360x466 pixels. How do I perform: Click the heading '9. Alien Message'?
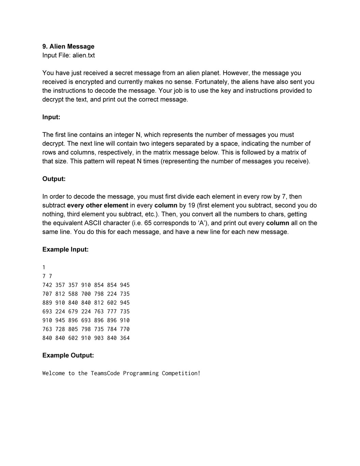click(68, 46)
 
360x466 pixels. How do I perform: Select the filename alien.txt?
click(84, 55)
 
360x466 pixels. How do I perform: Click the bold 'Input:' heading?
click(51, 117)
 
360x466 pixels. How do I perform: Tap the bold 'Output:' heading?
click(54, 179)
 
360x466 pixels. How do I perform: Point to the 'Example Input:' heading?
click(65, 250)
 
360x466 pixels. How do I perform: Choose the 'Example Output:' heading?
click(68, 355)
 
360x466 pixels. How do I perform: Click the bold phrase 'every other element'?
click(98, 206)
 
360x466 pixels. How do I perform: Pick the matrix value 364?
click(125, 338)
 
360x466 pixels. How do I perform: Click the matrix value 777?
click(112, 312)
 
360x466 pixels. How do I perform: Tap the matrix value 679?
click(73, 312)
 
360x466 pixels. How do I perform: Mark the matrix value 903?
click(99, 338)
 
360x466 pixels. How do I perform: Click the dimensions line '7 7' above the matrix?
click(47, 276)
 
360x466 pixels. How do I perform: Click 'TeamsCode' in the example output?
click(105, 373)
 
